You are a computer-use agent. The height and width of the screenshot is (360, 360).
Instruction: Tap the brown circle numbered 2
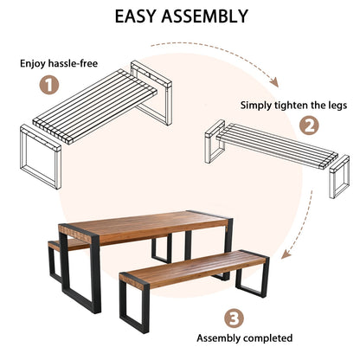tap(309, 125)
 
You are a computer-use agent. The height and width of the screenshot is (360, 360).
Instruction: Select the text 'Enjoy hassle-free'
tap(55, 63)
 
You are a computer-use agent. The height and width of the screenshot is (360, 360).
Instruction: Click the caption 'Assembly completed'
tap(245, 338)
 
